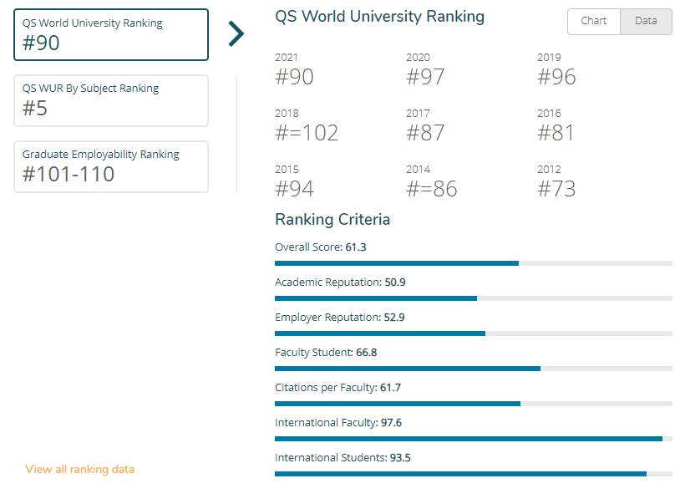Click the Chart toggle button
pos(594,21)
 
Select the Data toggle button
pos(646,21)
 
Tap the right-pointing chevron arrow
pos(236,33)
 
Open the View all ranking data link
pos(80,469)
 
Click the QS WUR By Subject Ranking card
pos(111,100)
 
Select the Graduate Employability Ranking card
pos(111,166)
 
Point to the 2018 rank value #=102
pos(307,133)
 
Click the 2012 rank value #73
pos(556,189)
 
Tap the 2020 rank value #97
pos(425,77)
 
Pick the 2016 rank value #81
pos(556,133)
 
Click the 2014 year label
pos(418,169)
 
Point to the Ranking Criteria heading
pos(332,220)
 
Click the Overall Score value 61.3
pos(356,247)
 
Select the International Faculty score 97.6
pos(391,422)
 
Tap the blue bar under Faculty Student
pos(408,369)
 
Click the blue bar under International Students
pos(460,474)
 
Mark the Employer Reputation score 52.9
pos(394,318)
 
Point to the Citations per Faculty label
pos(326,388)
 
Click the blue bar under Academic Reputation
pos(376,298)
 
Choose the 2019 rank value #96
pos(556,77)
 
